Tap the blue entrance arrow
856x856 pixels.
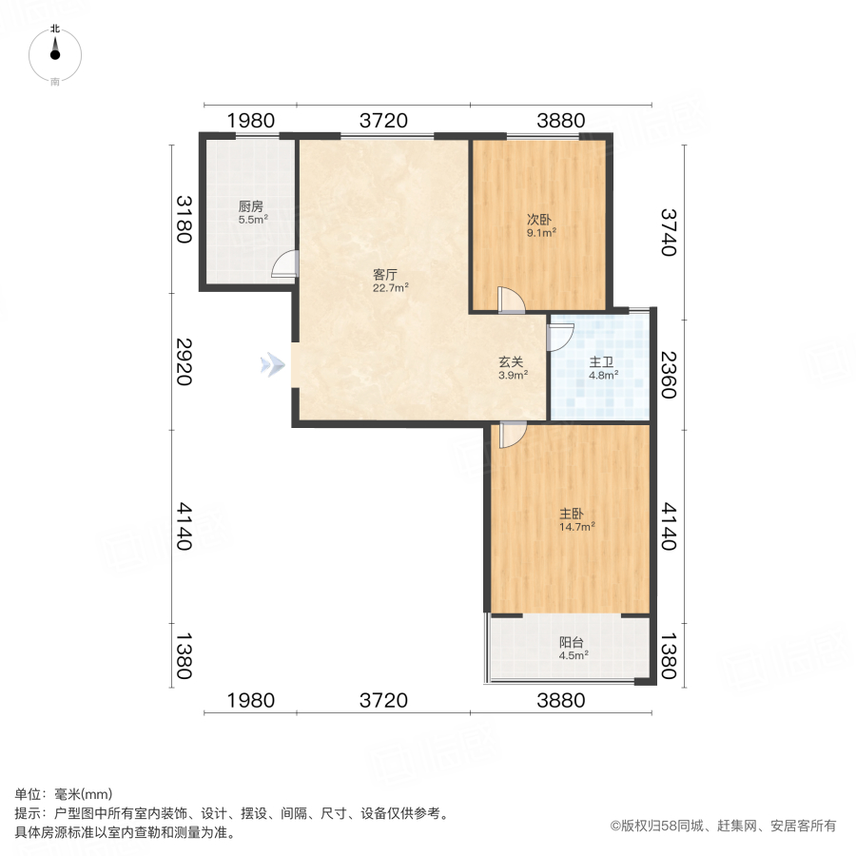273,363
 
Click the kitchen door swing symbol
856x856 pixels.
284,263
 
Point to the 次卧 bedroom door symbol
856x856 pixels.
511,300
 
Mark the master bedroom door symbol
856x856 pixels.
512,435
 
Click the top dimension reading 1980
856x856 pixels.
250,121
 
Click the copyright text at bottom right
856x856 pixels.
724,827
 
